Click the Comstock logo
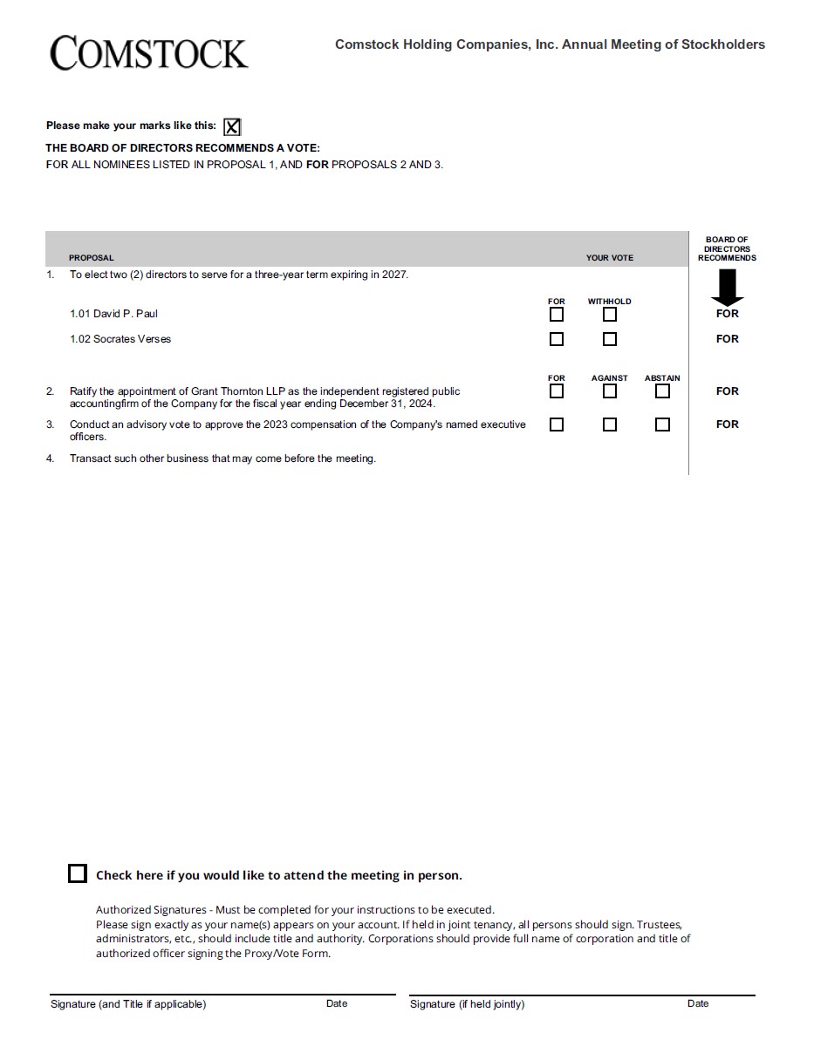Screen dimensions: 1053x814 point(148,53)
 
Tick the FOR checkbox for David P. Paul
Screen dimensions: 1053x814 point(557,314)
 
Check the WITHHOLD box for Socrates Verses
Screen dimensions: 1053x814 point(610,339)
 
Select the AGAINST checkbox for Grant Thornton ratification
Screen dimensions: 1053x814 point(610,391)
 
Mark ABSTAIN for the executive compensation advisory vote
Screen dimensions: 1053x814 point(662,425)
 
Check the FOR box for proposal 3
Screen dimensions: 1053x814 point(557,425)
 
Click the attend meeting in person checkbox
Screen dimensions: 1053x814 point(78,873)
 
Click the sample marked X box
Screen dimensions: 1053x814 point(232,127)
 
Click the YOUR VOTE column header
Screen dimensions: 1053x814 point(609,258)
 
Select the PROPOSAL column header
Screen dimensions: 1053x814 point(92,258)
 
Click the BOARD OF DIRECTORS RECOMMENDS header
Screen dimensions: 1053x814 point(727,248)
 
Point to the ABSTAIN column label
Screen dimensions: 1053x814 point(662,378)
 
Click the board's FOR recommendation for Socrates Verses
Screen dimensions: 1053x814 point(727,339)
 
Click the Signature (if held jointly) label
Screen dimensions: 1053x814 point(467,1004)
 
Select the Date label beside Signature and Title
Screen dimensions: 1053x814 point(337,1003)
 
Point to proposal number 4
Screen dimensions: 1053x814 point(50,459)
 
